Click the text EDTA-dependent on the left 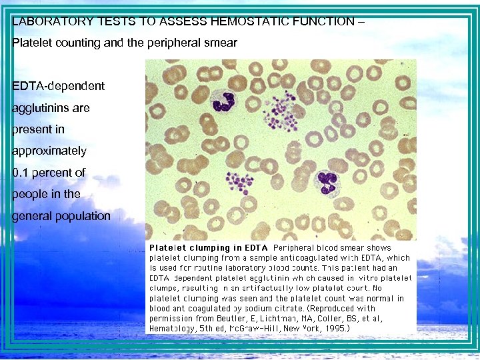click(59, 86)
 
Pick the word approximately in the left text click(49, 151)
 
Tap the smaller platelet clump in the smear click(237, 181)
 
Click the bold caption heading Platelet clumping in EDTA click(207, 248)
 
